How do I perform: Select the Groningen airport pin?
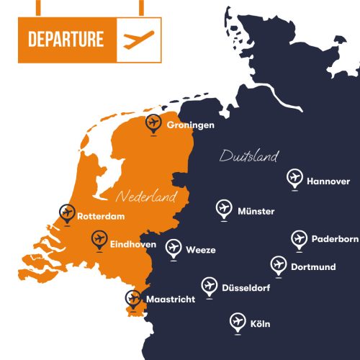pyautogui.click(x=153, y=123)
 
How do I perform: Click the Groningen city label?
pyautogui.click(x=191, y=125)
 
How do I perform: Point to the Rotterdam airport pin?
pyautogui.click(x=68, y=212)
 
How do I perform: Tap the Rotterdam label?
pyautogui.click(x=102, y=216)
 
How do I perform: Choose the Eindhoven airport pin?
pyautogui.click(x=99, y=239)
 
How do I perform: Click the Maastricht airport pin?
pyautogui.click(x=132, y=298)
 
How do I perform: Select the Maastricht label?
pyautogui.click(x=171, y=299)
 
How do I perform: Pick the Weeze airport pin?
pyautogui.click(x=173, y=248)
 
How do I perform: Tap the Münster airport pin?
pyautogui.click(x=224, y=208)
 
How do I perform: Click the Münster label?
pyautogui.click(x=256, y=211)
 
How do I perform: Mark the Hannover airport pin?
pyautogui.click(x=294, y=177)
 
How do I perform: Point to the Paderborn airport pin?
pyautogui.click(x=299, y=238)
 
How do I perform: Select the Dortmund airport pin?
pyautogui.click(x=279, y=265)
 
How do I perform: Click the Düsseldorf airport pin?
pyautogui.click(x=210, y=286)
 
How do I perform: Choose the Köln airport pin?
pyautogui.click(x=238, y=321)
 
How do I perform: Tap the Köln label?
pyautogui.click(x=261, y=324)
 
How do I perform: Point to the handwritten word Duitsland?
pyautogui.click(x=249, y=156)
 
